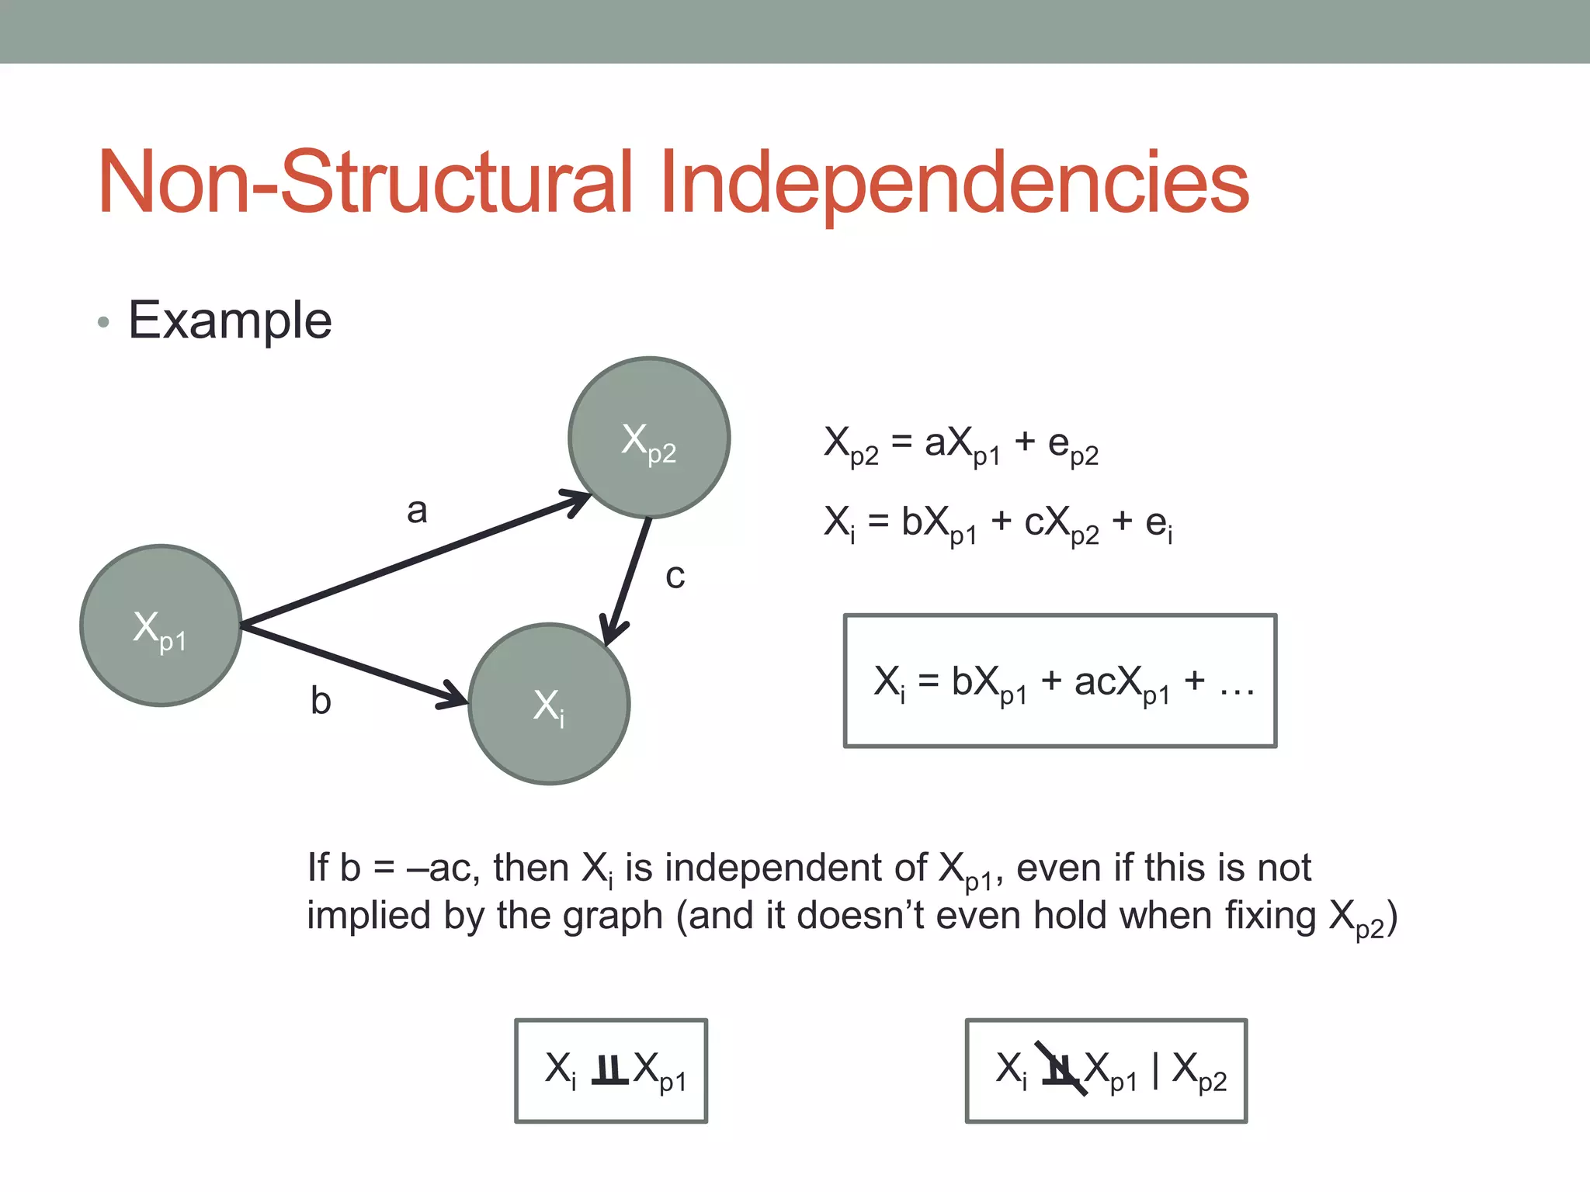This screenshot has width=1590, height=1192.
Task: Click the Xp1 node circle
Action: (161, 625)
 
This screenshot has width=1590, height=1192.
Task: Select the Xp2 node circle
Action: (649, 438)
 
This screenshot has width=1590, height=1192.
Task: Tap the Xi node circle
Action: (549, 704)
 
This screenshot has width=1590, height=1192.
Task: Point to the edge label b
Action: (321, 701)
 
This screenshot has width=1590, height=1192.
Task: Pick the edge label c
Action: (675, 577)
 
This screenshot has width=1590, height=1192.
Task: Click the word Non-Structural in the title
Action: (365, 183)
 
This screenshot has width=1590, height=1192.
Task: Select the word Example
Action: (230, 321)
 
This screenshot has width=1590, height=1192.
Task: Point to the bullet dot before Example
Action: (103, 323)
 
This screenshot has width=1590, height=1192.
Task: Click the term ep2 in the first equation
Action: (1073, 446)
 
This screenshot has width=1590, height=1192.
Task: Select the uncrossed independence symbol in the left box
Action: (609, 1071)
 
